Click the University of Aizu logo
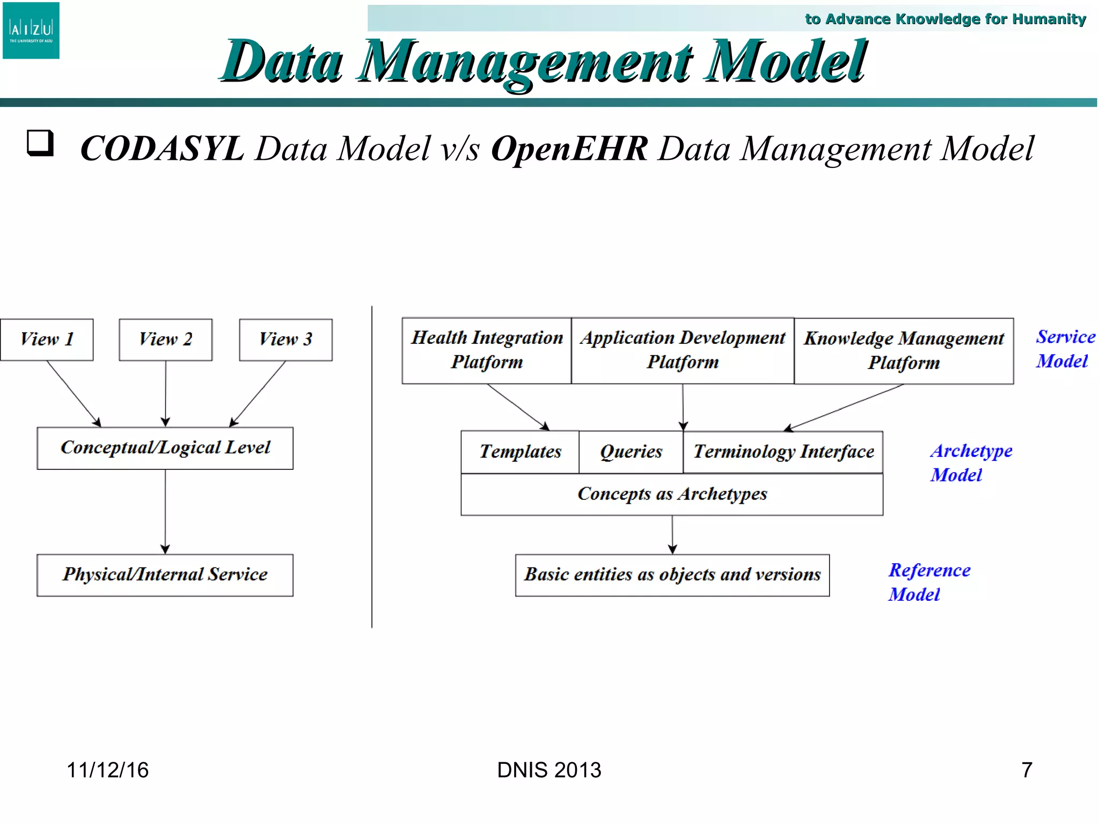click(31, 31)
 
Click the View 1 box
click(47, 340)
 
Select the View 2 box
click(165, 340)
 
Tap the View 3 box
click(285, 340)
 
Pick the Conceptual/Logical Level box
click(165, 448)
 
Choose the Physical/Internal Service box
click(165, 575)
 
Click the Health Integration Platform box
click(487, 350)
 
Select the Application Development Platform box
click(683, 350)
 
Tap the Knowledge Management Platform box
click(904, 351)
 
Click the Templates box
click(520, 452)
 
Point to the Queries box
click(631, 452)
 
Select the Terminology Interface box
click(783, 452)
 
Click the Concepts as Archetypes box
click(672, 494)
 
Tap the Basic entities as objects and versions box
click(672, 575)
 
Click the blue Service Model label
click(1065, 349)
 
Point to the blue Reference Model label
click(928, 582)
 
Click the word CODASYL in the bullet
click(162, 149)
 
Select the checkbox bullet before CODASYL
click(40, 143)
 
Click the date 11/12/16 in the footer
click(107, 770)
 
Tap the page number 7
click(1027, 770)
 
